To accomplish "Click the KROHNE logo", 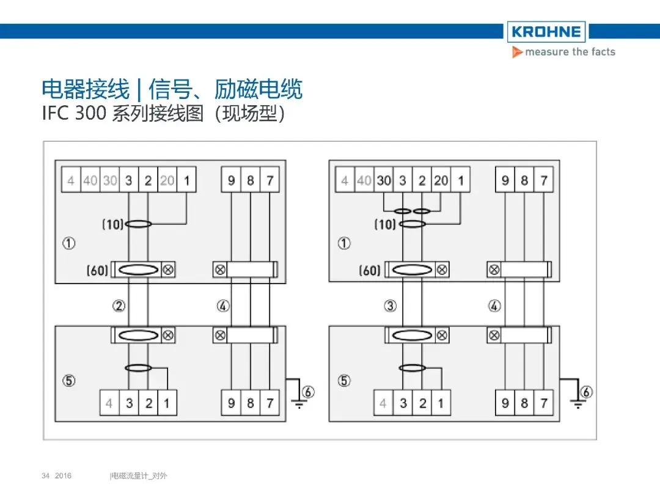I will click(546, 32).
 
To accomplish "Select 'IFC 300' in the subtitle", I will click(75, 114).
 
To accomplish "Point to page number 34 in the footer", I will click(45, 475).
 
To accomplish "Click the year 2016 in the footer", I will click(63, 475).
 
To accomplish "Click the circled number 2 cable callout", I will click(119, 306).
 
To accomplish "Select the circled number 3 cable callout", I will click(390, 306).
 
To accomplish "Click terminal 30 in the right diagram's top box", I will click(384, 180).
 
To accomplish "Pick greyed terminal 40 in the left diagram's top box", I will click(90, 180).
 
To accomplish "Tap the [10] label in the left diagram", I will click(112, 224).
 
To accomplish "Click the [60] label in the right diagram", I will click(369, 269).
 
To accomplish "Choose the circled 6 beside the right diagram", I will click(586, 392).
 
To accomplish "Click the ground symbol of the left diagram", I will click(298, 403).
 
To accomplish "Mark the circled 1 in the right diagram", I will click(345, 243).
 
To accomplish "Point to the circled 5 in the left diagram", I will click(70, 381).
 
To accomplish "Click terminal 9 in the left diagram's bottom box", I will click(231, 403).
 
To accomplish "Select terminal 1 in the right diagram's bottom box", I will click(441, 403).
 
